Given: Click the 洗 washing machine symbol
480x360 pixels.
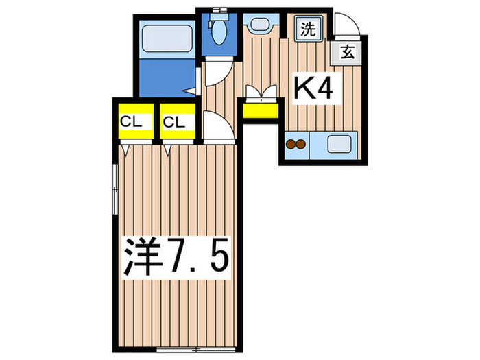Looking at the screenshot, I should tap(306, 29).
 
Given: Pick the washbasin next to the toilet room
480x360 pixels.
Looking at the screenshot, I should tap(259, 25).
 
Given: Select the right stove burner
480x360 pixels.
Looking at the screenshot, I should tap(300, 145).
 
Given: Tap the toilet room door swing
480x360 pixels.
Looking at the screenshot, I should tap(218, 70).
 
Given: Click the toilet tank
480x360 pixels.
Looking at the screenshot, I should tap(220, 12).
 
